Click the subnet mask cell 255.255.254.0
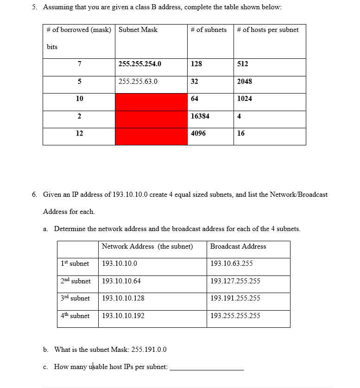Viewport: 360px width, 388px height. [140, 64]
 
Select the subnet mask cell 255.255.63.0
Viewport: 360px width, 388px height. [138, 81]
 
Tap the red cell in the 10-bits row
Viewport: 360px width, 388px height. [151, 102]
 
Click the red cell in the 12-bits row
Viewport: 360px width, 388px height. [151, 137]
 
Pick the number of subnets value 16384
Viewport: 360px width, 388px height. [200, 116]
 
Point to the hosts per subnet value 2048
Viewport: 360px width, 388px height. [245, 81]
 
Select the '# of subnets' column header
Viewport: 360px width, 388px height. [208, 30]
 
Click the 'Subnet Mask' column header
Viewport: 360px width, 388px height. [138, 30]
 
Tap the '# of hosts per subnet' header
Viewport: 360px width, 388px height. [268, 30]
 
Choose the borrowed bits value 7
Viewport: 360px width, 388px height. [79, 64]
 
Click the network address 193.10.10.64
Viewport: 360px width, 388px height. [121, 281]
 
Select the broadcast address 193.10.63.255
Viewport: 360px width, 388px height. [232, 263]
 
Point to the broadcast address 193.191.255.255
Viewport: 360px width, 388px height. [235, 298]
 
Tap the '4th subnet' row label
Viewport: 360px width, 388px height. [75, 316]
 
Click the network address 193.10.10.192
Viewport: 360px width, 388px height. [123, 316]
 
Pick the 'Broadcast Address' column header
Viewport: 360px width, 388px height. [238, 246]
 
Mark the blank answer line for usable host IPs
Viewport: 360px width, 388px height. [207, 368]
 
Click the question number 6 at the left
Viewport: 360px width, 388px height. [35, 194]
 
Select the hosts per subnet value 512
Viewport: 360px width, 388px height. [243, 64]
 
